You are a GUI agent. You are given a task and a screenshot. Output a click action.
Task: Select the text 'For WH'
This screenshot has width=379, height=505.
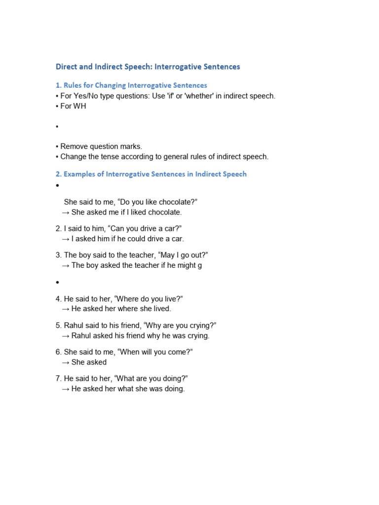point(73,106)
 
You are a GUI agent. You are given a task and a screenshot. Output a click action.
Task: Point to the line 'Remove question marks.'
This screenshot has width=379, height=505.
point(101,146)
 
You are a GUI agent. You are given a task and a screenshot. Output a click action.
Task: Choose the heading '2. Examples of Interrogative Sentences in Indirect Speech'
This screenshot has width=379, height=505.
point(151,174)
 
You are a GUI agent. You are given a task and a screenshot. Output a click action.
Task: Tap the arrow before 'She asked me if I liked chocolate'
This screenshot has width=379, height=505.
point(66,213)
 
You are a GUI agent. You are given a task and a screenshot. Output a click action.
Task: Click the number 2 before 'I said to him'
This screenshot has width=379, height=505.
point(58,229)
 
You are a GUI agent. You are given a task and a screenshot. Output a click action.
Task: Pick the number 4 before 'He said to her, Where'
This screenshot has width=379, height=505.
point(58,299)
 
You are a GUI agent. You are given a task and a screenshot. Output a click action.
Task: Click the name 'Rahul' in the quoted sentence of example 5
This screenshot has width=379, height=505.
point(75,325)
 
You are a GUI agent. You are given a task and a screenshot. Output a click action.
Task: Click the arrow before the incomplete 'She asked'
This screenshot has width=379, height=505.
point(66,362)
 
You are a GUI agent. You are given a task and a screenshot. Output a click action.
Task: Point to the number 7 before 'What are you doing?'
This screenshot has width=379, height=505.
point(58,378)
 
